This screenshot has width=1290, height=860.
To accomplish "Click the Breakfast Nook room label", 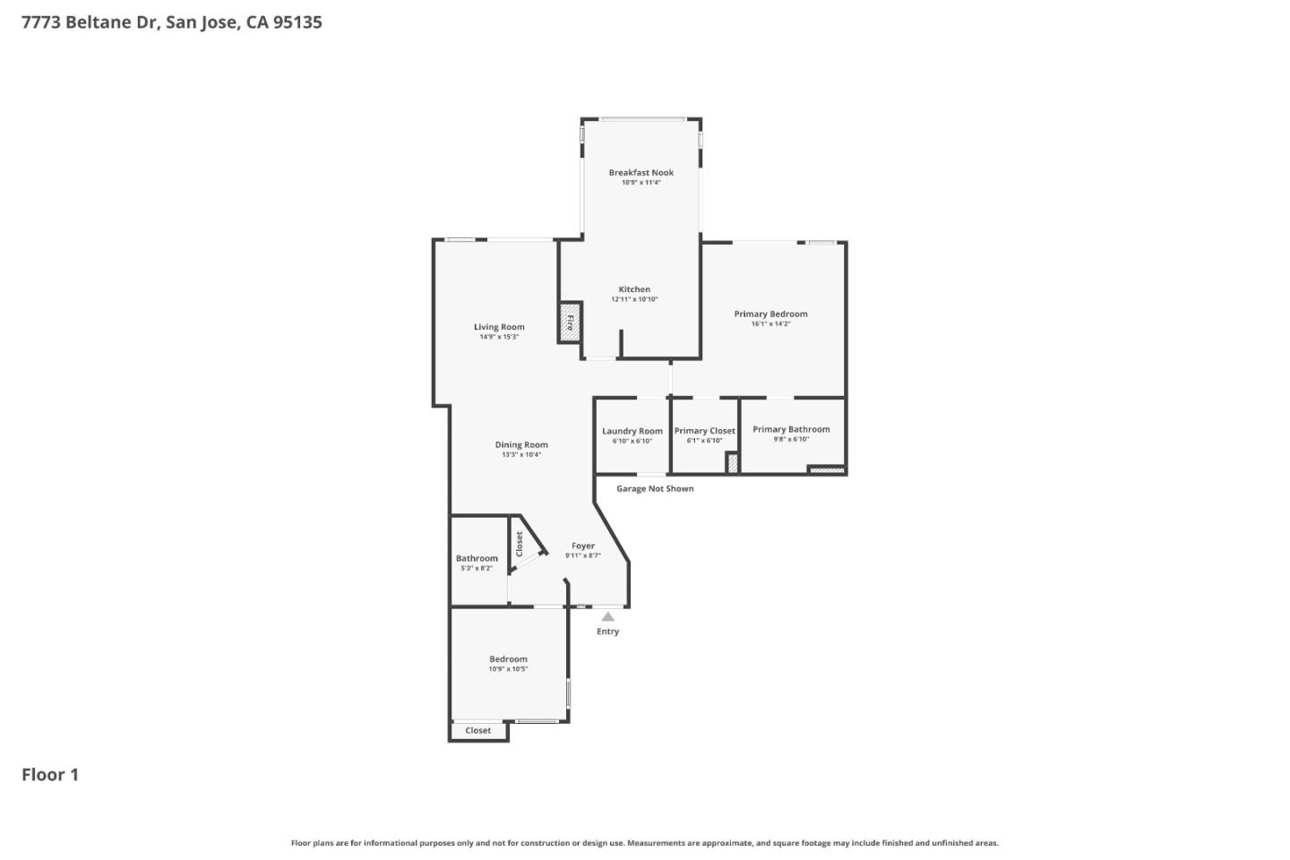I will coord(641,173).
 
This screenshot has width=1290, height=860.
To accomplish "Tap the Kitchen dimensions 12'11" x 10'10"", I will coord(634,299).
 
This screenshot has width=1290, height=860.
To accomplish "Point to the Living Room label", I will coord(499,327).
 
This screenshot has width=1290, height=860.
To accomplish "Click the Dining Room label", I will coord(521,445).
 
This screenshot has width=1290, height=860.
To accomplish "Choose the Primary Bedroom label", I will coord(770,314).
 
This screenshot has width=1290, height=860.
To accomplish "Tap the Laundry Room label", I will coord(632,431).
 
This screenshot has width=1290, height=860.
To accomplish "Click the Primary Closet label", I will coord(704,431).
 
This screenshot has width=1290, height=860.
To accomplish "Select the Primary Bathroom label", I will coord(791,429).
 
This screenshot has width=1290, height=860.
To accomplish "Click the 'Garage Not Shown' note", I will coord(655,489).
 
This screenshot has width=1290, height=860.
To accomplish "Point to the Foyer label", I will coord(583,546).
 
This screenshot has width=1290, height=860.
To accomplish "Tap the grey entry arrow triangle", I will coord(608,616).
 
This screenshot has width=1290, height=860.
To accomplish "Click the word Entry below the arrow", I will coord(608,632).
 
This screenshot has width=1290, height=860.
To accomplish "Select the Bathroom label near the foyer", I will coord(477,558).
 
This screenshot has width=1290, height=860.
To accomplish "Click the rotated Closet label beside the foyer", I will coord(520,544).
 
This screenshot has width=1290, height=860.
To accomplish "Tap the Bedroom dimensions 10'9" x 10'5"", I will coord(508,669).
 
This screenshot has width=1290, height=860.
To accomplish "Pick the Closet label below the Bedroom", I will coord(477,731).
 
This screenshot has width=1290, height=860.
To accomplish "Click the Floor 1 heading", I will coord(50,775).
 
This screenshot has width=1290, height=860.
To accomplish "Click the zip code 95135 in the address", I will coord(297,22).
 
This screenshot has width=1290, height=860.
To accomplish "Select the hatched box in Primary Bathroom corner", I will coord(827,469).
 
